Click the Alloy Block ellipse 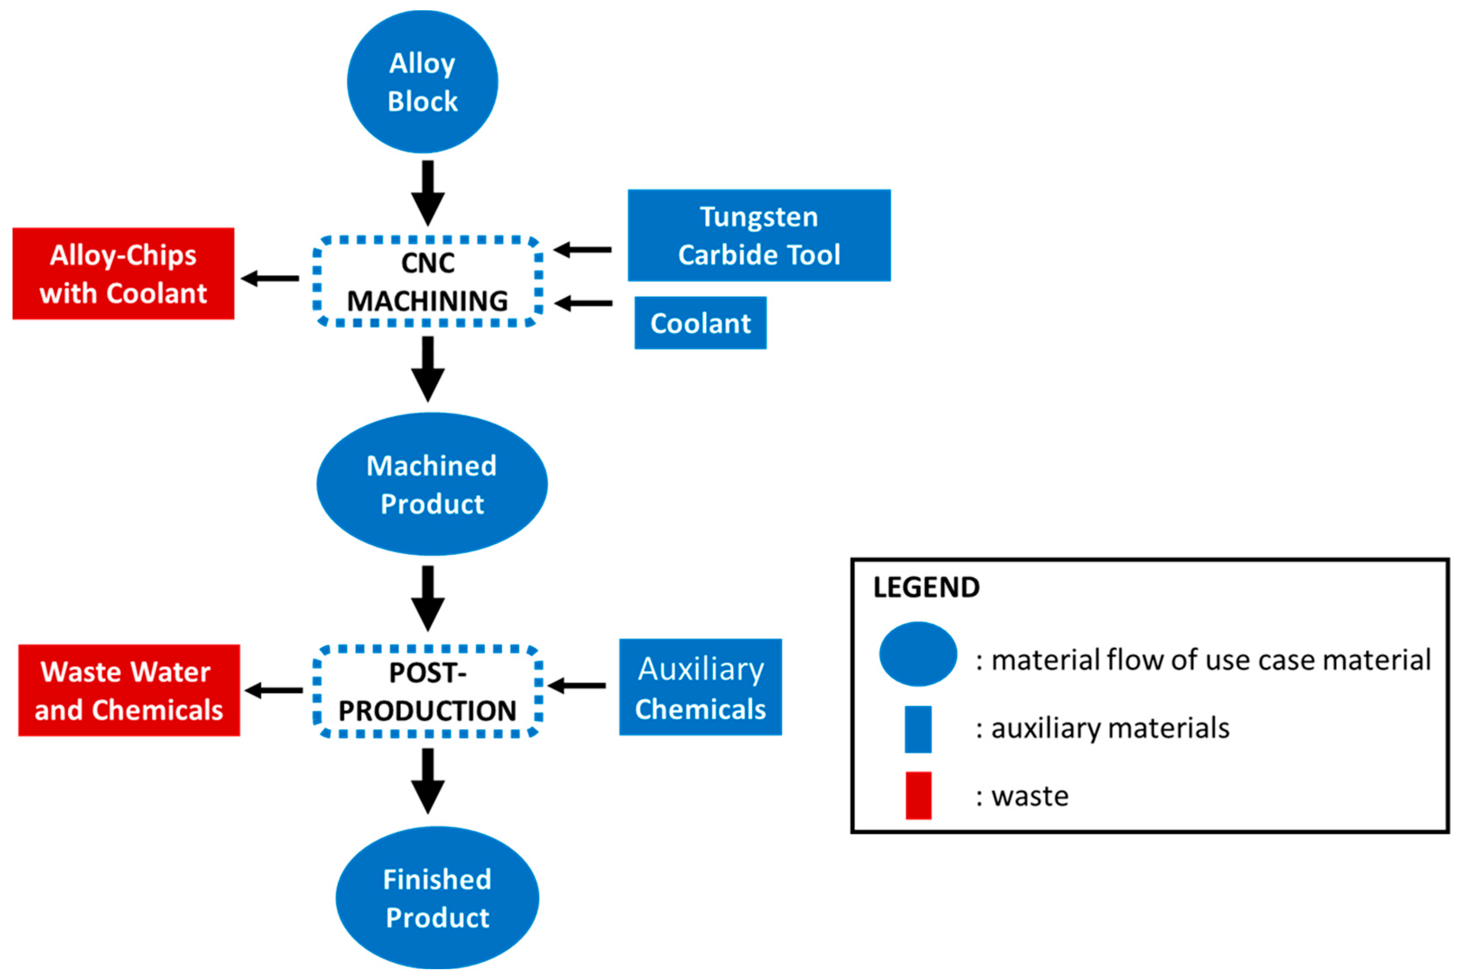(422, 82)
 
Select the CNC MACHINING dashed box (428, 282)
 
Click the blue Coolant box (700, 323)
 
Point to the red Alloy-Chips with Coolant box (123, 274)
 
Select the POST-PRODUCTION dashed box (428, 691)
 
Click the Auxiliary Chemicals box (700, 687)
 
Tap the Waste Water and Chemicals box (129, 691)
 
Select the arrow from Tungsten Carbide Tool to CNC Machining (582, 250)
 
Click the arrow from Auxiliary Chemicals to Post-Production (576, 686)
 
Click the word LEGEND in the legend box (926, 587)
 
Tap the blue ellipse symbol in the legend (918, 654)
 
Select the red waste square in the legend (918, 795)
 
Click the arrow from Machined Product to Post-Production (428, 597)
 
